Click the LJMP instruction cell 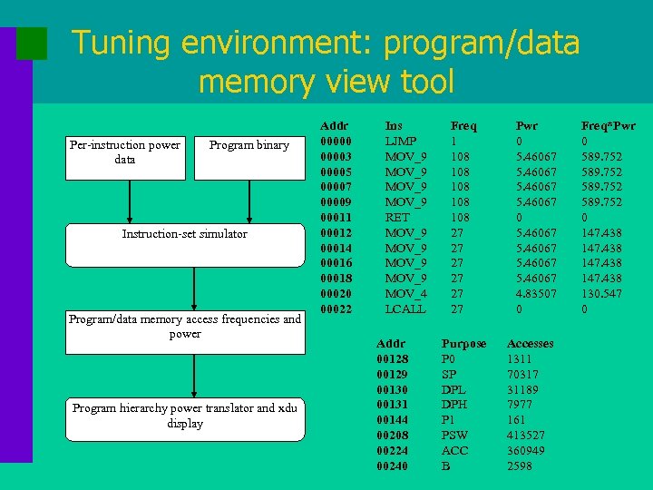(400, 142)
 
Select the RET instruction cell (397, 218)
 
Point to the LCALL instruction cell (404, 309)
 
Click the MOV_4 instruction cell (405, 294)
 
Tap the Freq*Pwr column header (608, 126)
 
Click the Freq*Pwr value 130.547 (601, 294)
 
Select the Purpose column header (463, 344)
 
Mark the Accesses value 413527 (525, 436)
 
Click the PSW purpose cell (454, 436)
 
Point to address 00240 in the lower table (392, 466)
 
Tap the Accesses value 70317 (525, 375)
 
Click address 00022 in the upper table (336, 309)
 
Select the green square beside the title (32, 43)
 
